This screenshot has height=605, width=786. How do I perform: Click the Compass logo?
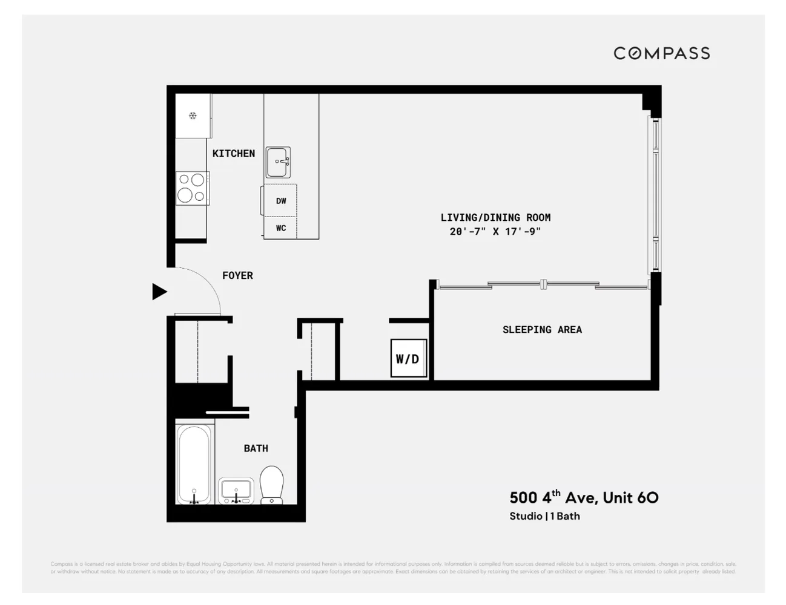[661, 53]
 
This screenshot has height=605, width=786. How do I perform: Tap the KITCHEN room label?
[233, 154]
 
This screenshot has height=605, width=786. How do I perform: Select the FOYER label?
[237, 275]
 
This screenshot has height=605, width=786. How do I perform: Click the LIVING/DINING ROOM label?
[495, 217]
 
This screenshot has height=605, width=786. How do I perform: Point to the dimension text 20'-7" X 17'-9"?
[495, 231]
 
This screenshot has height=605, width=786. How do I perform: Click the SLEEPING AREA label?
[542, 330]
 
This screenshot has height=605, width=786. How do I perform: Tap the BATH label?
[256, 448]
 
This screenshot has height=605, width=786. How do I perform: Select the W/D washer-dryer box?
[408, 359]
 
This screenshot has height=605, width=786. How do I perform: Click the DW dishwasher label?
[281, 201]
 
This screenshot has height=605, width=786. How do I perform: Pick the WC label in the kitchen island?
[281, 228]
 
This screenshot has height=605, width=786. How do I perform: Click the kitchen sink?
[278, 162]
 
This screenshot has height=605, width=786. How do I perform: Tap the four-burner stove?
[192, 188]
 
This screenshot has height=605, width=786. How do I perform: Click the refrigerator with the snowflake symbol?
[193, 116]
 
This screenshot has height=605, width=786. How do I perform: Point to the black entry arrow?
[159, 292]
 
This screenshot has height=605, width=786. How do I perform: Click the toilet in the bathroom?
[272, 484]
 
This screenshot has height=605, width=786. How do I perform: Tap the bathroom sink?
[236, 491]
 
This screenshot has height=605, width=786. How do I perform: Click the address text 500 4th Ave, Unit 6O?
[583, 497]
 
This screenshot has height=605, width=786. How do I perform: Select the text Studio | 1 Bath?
[544, 516]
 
